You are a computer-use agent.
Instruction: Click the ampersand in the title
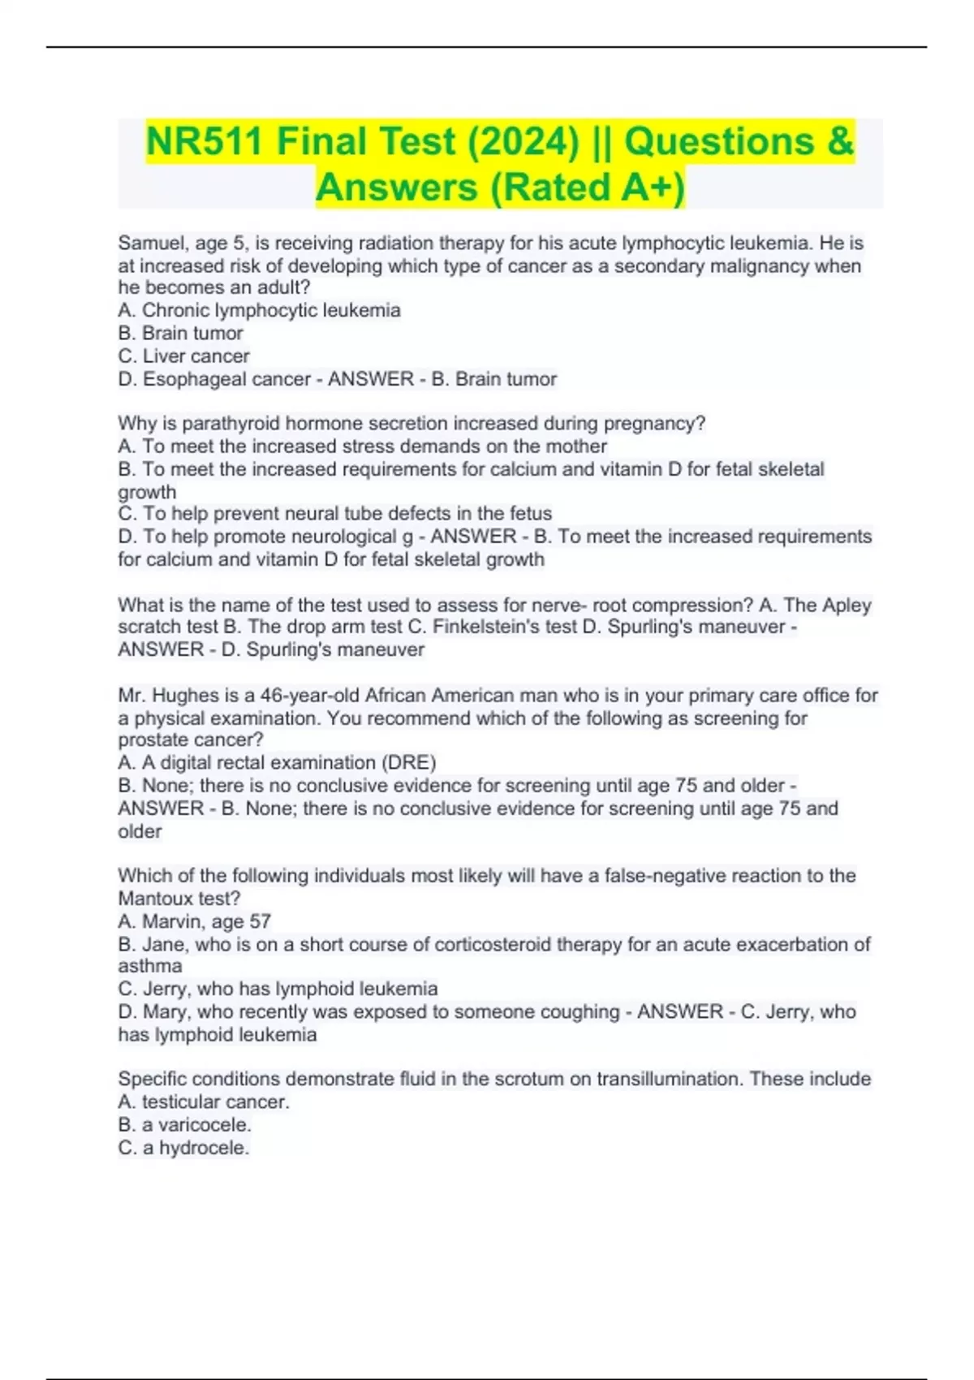[842, 142]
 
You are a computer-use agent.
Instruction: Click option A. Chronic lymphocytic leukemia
[259, 311]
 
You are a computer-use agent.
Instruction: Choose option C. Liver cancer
[183, 356]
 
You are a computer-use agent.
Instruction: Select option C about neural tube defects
[334, 514]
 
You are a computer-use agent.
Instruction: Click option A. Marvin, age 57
[194, 921]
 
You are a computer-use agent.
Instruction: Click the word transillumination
[668, 1079]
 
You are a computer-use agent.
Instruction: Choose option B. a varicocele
[184, 1125]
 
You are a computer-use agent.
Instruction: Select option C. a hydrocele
[183, 1148]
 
